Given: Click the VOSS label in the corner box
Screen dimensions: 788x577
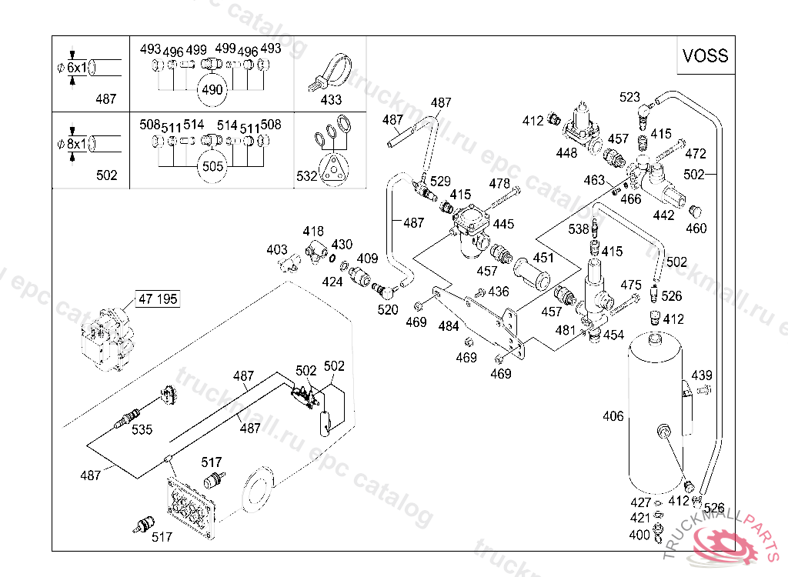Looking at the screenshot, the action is point(705,55).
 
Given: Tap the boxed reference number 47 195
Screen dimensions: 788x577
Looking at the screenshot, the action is point(158,299).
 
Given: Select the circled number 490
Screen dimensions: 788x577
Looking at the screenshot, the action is point(212,90).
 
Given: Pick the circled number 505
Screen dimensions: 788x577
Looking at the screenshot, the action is point(212,166).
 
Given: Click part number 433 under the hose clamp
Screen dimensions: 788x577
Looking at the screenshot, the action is point(331,99).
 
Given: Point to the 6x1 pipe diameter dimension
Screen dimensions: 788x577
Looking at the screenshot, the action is point(76,68).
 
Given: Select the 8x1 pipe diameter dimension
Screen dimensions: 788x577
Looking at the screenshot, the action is point(76,144).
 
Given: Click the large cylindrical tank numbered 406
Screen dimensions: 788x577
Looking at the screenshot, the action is point(656,413).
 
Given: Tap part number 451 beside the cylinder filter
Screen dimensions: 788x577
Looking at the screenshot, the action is point(543,258).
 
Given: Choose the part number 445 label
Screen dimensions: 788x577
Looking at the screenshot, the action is point(503,224).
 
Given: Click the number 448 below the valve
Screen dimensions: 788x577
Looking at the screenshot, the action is point(566,153).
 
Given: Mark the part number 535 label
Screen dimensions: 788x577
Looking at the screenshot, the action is point(142,430).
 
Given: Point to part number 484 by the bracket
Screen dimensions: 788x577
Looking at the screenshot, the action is point(449,326).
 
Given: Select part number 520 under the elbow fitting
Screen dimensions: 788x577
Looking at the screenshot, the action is point(388,309).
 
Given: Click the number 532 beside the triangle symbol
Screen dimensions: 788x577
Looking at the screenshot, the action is point(306,176).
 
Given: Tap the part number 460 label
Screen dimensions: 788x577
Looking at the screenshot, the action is point(696,228).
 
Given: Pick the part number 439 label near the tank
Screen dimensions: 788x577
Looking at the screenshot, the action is point(702,375).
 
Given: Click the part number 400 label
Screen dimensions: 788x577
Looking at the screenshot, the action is point(639,535).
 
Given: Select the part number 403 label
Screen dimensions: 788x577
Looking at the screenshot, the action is point(277,249).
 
